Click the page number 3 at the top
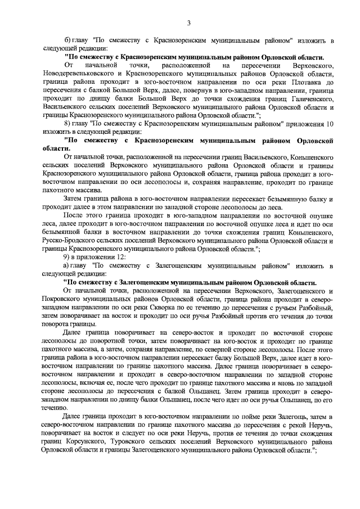tap(189, 22)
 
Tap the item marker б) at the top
tap(68, 41)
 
